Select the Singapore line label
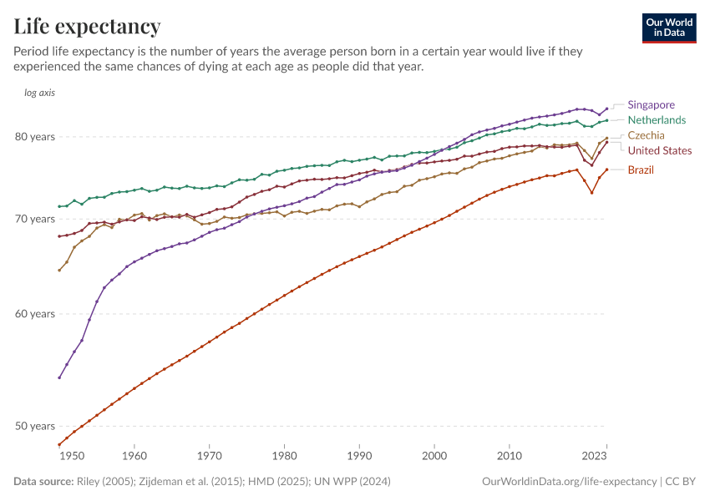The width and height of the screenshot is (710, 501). tap(651, 104)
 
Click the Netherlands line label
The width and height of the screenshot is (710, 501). tap(657, 119)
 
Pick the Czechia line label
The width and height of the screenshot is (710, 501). tap(647, 135)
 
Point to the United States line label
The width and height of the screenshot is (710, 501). tap(659, 150)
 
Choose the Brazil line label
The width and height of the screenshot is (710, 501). tap(641, 170)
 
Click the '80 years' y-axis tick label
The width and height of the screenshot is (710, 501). tap(36, 137)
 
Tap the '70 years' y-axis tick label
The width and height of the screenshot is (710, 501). tap(36, 219)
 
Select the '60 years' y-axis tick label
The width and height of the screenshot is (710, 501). tap(36, 314)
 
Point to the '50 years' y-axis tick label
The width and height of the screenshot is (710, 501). tap(36, 426)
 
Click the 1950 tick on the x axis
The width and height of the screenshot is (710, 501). tap(72, 457)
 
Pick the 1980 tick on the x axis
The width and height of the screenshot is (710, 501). tap(285, 457)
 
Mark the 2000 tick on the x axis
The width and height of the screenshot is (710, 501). tap(434, 457)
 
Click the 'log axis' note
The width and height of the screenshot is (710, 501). tap(39, 93)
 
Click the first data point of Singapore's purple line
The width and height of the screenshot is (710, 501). tap(59, 377)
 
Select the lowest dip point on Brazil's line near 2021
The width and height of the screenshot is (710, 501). tap(591, 193)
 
